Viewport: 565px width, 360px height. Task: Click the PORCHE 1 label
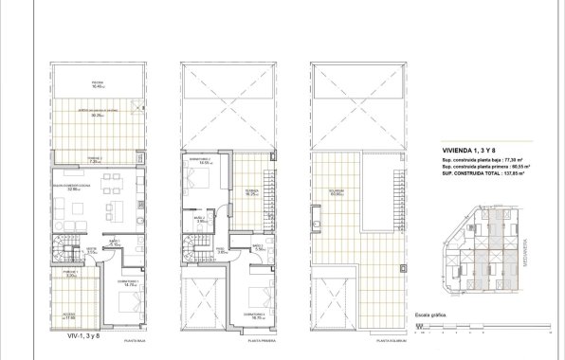pyautogui.click(x=70, y=273)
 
